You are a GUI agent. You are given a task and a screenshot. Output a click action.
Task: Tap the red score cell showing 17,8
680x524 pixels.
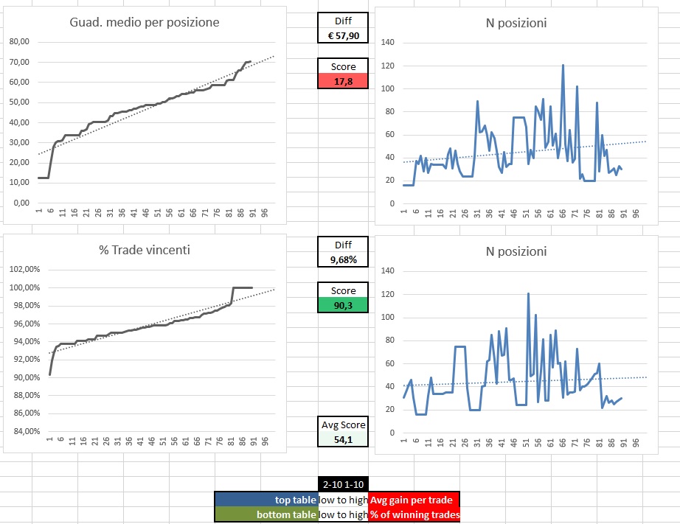[343, 81]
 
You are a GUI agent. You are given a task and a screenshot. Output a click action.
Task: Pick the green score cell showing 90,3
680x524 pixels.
[343, 304]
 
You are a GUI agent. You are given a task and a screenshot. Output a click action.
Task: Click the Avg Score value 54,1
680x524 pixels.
[343, 439]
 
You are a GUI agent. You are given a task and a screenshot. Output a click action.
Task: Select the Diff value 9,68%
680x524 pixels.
[343, 259]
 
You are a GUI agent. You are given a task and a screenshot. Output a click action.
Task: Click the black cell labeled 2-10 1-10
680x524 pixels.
[343, 484]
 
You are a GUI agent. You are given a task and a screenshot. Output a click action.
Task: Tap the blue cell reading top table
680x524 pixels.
[266, 500]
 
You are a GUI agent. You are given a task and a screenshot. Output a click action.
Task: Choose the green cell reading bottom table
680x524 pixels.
[266, 514]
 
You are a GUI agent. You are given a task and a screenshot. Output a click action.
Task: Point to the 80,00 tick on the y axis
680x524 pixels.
[18, 42]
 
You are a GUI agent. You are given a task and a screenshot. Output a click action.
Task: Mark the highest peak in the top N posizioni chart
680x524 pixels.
[563, 65]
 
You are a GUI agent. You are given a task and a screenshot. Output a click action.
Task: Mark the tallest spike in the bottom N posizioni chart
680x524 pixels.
[528, 293]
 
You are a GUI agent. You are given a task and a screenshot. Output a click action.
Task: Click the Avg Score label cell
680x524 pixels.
[343, 425]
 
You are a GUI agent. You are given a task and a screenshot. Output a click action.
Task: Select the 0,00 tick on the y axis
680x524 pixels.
[21, 203]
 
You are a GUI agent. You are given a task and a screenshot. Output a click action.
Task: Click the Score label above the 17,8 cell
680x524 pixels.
[343, 66]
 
